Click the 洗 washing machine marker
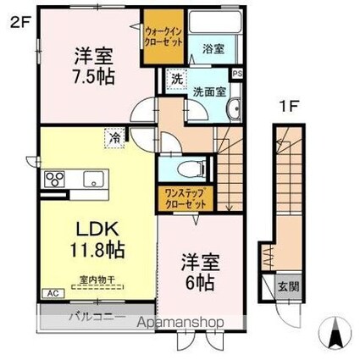pyautogui.click(x=175, y=78)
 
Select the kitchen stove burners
pyautogui.click(x=57, y=179)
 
